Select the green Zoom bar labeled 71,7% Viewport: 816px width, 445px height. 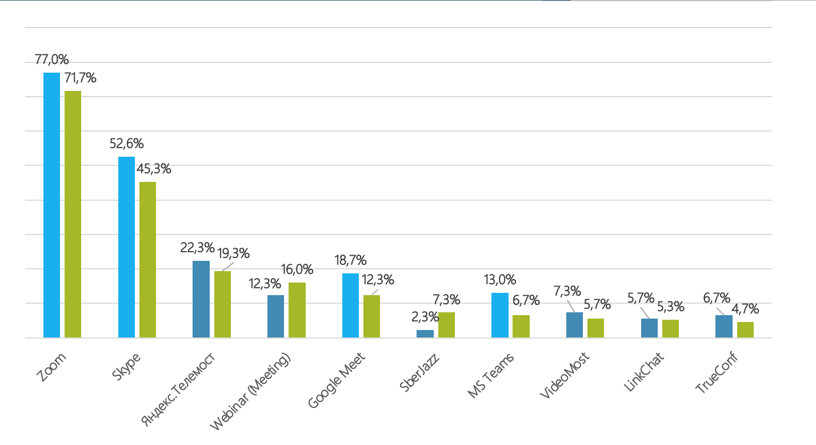pos(73,214)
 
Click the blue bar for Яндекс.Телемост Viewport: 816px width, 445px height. pos(201,299)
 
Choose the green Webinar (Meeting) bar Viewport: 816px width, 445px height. pos(297,310)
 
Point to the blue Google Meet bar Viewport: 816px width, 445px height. pos(350,305)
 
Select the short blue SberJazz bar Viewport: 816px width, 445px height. pos(425,333)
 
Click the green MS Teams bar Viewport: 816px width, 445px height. pos(521,326)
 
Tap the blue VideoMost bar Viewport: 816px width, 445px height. pos(574,325)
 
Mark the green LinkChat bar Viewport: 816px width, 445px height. pos(670,328)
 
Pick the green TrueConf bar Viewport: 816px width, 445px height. pos(745,329)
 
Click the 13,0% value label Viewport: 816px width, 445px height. pos(500,280)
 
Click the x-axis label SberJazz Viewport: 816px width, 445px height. pos(420,372)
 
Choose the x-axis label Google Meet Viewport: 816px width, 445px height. pos(337,380)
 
